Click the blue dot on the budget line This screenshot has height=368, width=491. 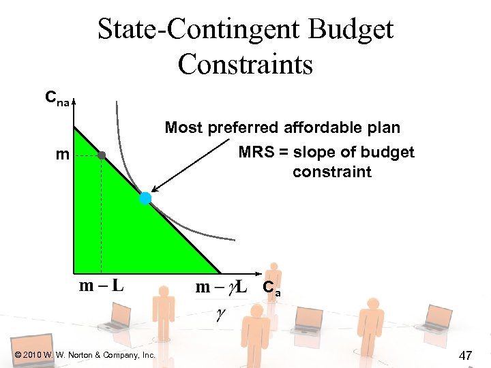145,198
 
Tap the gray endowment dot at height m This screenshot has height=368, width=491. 102,155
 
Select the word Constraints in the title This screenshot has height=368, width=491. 245,64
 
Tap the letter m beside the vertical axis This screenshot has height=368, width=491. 62,155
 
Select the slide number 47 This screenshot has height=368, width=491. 466,355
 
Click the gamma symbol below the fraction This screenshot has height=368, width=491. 220,315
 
